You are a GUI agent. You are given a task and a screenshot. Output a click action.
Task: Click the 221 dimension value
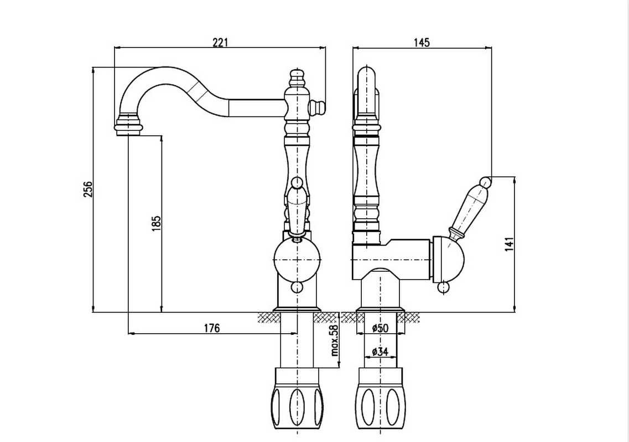(220, 42)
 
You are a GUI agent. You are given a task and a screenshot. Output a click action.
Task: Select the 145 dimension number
(422, 43)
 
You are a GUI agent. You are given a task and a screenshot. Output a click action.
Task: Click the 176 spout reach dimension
(211, 328)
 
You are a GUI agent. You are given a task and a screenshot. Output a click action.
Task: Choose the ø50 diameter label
(380, 328)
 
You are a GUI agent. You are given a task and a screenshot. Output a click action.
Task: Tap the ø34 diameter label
(380, 351)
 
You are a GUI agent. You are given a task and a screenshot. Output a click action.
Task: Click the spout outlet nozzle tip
(128, 124)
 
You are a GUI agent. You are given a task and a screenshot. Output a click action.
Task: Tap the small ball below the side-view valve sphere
(443, 287)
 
